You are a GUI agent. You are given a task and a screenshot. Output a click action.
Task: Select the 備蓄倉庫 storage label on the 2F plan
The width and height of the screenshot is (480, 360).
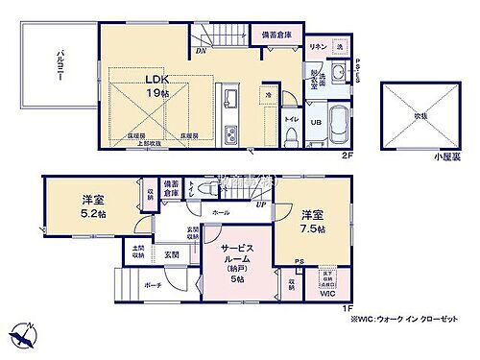point(277,36)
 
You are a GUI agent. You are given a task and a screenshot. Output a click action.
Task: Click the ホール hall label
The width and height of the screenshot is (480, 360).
point(221,212)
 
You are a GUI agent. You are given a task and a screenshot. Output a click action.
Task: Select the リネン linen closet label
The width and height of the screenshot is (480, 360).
point(316,47)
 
